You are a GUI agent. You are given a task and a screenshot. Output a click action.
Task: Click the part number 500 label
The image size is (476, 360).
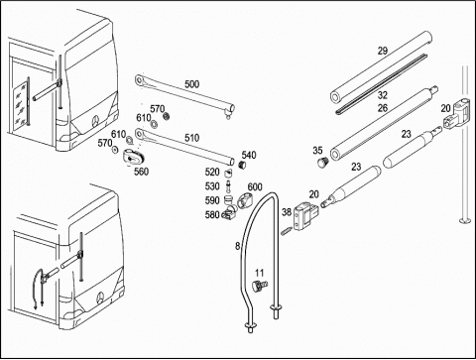191,84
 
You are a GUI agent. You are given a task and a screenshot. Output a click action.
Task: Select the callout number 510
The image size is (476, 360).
192,138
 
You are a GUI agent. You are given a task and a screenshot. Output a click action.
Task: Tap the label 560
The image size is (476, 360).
141,172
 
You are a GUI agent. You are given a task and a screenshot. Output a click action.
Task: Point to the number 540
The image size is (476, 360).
249,155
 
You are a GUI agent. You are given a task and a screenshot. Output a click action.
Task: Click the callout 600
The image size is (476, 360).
255,187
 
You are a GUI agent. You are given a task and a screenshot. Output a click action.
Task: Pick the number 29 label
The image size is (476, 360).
383,51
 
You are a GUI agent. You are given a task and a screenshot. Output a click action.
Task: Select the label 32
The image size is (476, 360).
383,95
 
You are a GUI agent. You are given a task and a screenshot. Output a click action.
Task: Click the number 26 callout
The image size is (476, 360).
383,108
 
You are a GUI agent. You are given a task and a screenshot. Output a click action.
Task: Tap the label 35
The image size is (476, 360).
317,151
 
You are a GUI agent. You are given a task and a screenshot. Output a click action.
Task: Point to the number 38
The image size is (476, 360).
287,212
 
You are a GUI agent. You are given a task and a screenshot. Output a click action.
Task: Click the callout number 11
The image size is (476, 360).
260,273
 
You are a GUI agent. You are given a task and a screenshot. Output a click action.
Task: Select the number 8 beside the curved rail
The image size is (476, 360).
238,246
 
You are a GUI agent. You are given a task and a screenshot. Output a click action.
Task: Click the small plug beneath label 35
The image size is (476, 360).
322,163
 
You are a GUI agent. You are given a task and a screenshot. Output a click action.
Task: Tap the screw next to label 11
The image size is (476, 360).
260,286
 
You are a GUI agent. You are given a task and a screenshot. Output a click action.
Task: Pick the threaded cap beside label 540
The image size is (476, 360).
243,165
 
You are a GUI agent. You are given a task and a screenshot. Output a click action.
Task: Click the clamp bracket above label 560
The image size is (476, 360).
134,158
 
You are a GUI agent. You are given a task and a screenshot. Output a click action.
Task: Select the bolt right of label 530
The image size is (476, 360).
227,187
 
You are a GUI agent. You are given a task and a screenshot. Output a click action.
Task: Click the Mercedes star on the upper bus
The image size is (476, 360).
96,121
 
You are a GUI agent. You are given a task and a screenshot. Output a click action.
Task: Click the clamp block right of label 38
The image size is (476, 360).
305,216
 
